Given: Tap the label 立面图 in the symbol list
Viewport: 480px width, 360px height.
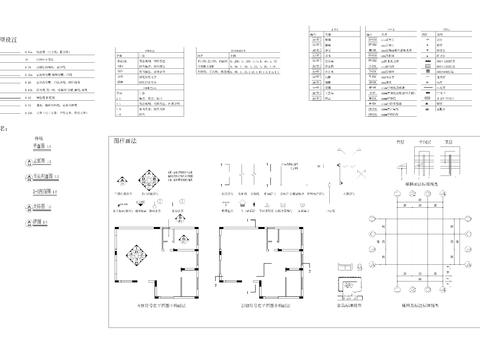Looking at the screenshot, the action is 39,159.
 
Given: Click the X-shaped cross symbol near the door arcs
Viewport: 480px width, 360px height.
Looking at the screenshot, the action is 343,152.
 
